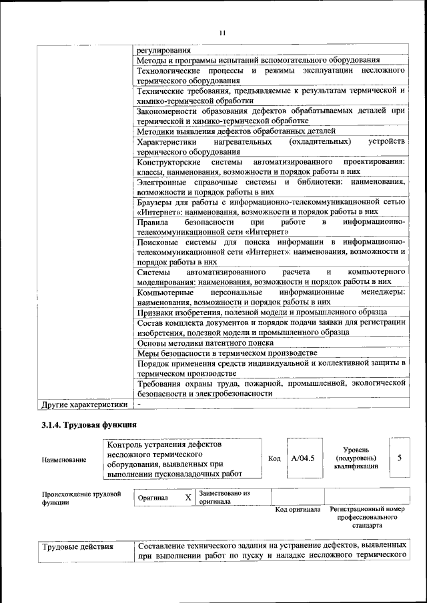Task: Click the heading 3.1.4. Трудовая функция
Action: click(x=89, y=424)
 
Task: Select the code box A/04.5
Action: click(x=304, y=458)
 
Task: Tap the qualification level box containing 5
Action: click(x=399, y=458)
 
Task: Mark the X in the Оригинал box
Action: click(x=188, y=498)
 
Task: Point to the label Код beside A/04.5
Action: click(x=274, y=458)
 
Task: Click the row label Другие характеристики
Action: click(x=84, y=404)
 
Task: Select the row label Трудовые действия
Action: click(x=78, y=548)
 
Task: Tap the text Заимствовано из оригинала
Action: click(x=224, y=498)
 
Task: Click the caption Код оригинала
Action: click(x=298, y=510)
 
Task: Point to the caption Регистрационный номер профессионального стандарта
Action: click(x=367, y=517)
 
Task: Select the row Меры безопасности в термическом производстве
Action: click(x=227, y=352)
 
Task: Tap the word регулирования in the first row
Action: click(x=163, y=50)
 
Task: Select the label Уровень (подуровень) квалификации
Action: click(x=360, y=458)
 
